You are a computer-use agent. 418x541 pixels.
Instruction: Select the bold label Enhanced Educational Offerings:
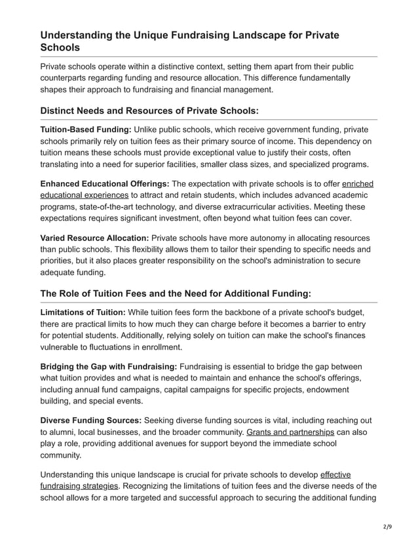point(104,184)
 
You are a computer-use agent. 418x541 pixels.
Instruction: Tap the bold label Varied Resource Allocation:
point(94,238)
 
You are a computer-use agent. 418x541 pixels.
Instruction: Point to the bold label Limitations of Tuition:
point(83,312)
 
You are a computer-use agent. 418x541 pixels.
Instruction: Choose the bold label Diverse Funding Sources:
point(90,420)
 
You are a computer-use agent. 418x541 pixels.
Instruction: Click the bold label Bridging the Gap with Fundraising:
point(108,366)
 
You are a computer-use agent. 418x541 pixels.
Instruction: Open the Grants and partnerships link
point(290,432)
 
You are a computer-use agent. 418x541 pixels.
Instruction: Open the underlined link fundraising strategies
point(79,485)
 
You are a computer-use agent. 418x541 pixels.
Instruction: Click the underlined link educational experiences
point(84,195)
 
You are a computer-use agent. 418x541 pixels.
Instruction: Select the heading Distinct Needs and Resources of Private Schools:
point(149,110)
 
